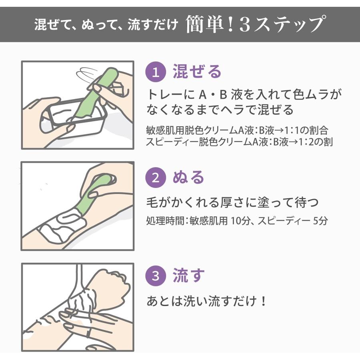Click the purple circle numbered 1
[x=156, y=72]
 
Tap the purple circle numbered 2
[x=156, y=178]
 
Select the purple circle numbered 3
[x=156, y=276]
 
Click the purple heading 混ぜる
[x=197, y=72]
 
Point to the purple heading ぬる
[x=188, y=177]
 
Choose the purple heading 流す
[x=189, y=275]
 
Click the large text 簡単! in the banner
[x=210, y=24]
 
